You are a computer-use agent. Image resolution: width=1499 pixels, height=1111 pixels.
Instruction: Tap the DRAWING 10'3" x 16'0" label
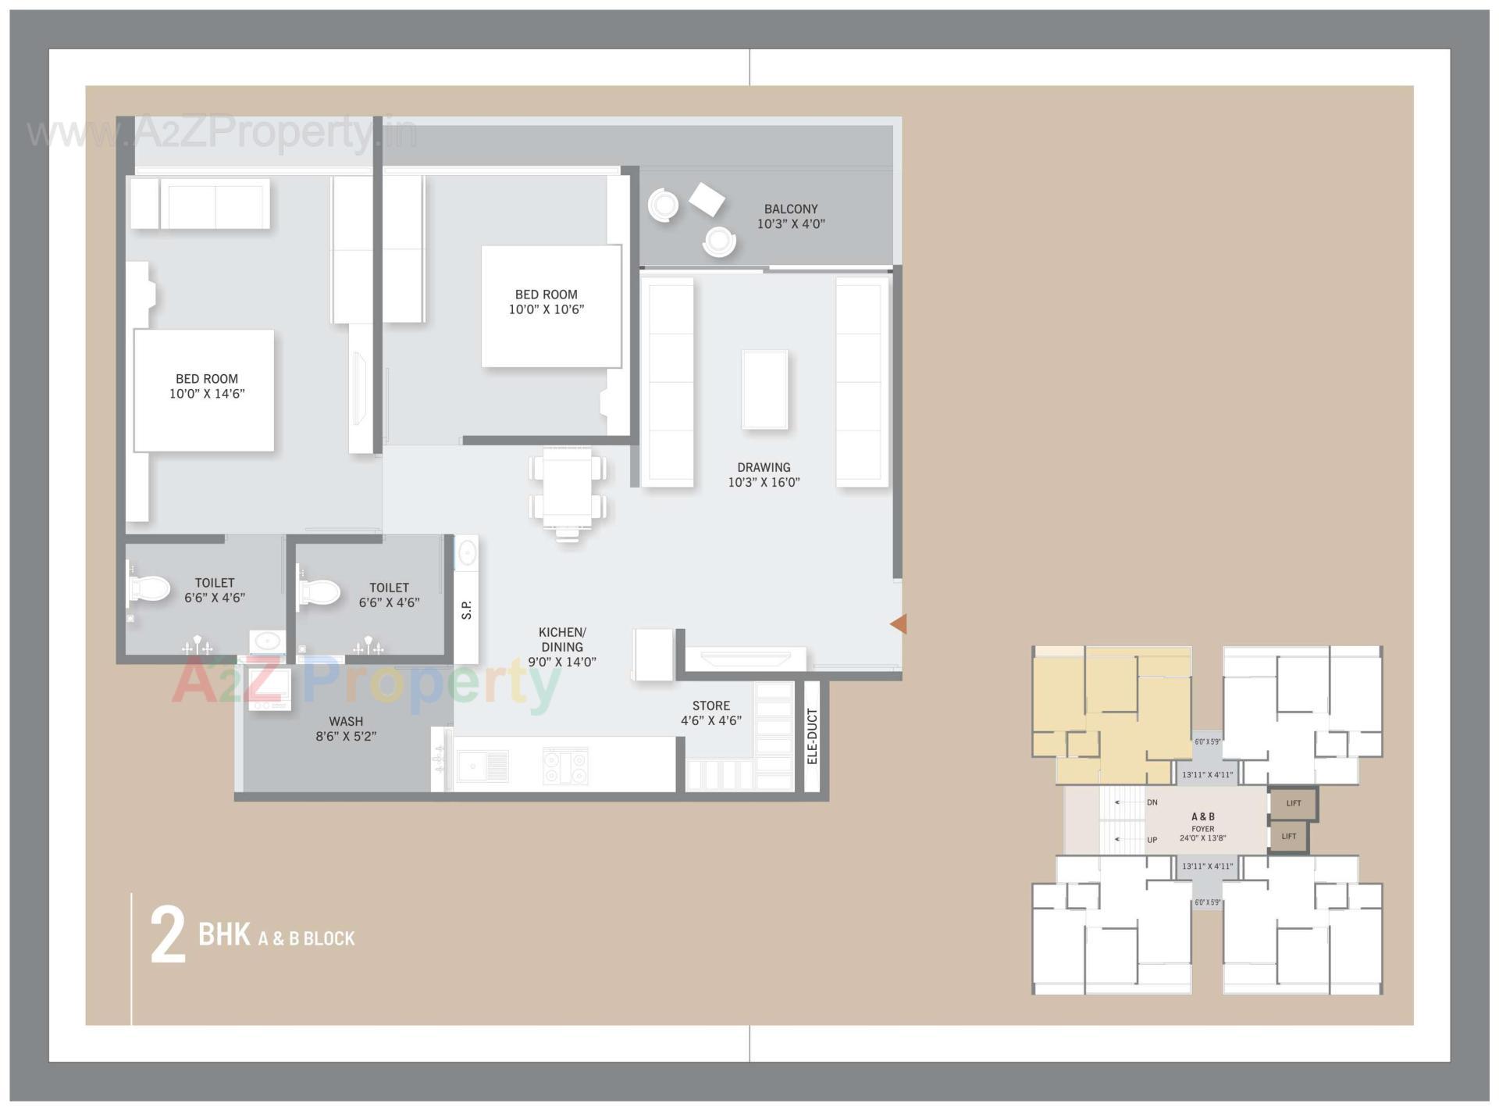(764, 475)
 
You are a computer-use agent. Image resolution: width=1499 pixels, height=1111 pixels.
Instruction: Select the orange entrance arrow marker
(899, 623)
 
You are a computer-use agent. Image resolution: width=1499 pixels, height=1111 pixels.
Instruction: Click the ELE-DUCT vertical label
(812, 737)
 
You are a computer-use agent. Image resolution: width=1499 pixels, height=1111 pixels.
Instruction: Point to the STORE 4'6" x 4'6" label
(710, 713)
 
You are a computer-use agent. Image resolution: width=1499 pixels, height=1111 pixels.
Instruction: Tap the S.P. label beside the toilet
(467, 610)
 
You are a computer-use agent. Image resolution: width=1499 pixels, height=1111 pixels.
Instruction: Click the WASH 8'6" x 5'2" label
(346, 728)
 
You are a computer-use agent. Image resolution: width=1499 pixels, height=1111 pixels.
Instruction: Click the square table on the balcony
(707, 199)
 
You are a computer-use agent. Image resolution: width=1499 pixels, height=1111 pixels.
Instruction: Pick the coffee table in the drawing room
(764, 389)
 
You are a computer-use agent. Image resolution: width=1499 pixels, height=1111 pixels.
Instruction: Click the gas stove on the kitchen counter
(565, 766)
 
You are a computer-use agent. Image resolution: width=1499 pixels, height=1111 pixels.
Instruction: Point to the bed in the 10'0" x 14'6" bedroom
(204, 390)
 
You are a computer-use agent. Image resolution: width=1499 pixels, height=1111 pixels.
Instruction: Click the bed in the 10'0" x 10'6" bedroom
(550, 305)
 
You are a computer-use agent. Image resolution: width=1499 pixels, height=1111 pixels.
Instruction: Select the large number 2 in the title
(168, 936)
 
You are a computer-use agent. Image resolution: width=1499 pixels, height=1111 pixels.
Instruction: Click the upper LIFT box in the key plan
(1293, 803)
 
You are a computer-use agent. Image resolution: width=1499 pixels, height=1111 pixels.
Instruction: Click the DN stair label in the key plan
(1152, 802)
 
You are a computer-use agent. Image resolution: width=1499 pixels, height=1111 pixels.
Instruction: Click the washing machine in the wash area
(270, 688)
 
